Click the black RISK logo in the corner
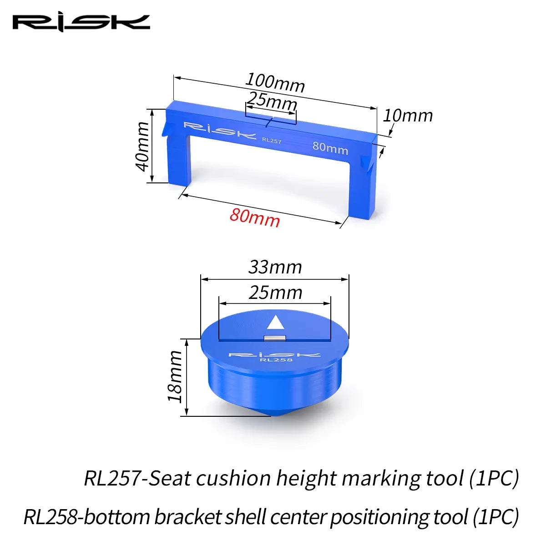click(81, 23)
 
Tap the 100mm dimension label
click(275, 83)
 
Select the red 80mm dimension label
click(255, 217)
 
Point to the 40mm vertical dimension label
click(143, 147)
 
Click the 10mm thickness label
click(407, 116)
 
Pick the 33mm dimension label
click(275, 267)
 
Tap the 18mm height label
click(175, 376)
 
